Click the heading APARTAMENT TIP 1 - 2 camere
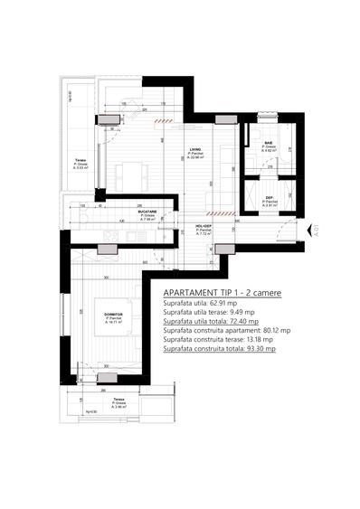223,294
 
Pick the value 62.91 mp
229,304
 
